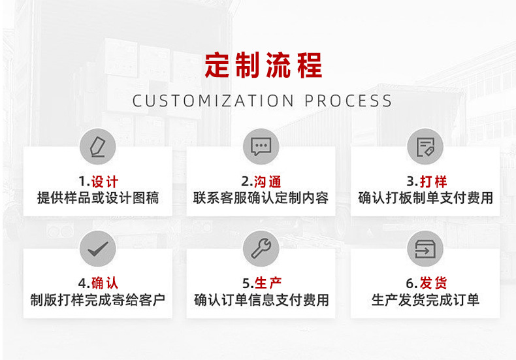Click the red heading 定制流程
[x=263, y=66]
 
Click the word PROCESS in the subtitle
[x=348, y=101]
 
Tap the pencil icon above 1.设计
[x=98, y=146]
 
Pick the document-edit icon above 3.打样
[x=425, y=146]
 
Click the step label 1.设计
[x=98, y=181]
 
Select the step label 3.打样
[x=425, y=181]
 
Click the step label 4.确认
[x=98, y=283]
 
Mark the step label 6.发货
[x=425, y=283]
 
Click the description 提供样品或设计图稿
[x=98, y=197]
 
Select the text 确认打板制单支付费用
[x=425, y=197]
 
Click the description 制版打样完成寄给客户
[x=98, y=300]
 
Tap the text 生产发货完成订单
[x=425, y=300]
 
